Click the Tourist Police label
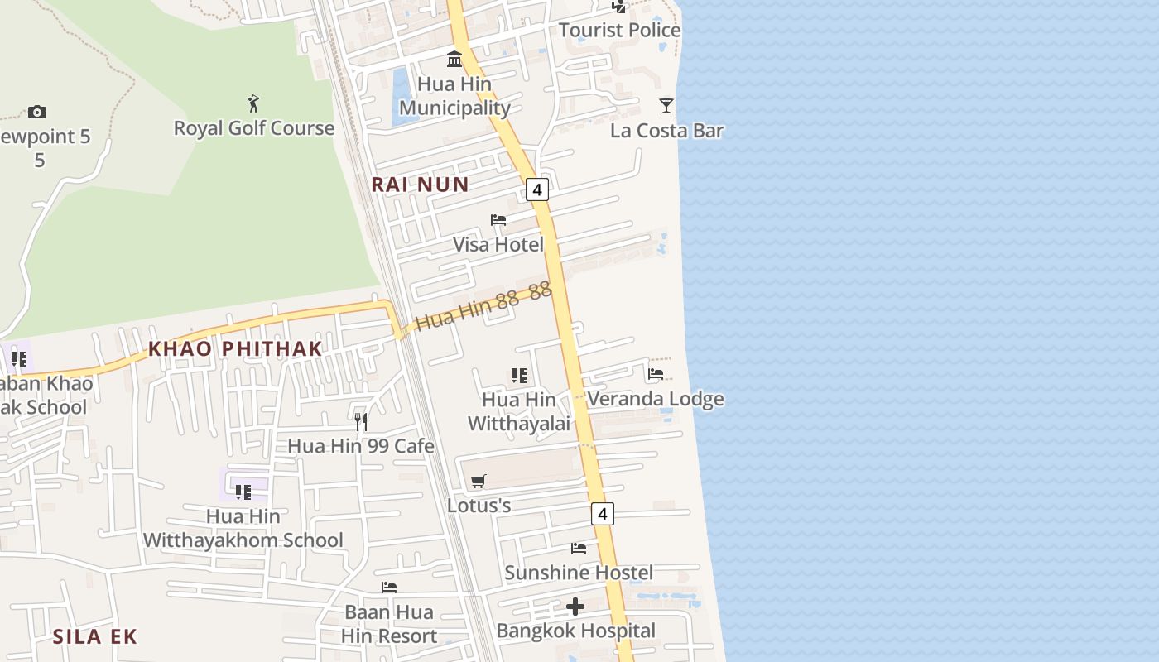pos(619,31)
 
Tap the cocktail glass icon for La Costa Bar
pos(666,105)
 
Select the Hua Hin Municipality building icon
pos(454,59)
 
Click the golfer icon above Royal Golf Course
pos(253,103)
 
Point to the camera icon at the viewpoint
pos(37,112)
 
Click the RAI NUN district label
pos(420,185)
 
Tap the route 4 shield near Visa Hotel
pos(537,190)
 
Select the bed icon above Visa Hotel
pos(498,220)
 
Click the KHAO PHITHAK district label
pos(234,349)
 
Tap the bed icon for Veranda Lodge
pos(656,374)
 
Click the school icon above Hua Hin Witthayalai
pos(519,376)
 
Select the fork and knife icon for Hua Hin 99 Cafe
pos(361,422)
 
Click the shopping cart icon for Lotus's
pos(478,481)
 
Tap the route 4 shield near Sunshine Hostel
pos(603,514)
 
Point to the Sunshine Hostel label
pos(578,573)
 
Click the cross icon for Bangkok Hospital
pos(575,607)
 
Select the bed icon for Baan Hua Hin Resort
pos(389,588)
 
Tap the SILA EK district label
pos(94,636)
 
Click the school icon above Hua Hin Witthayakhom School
pos(243,492)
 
